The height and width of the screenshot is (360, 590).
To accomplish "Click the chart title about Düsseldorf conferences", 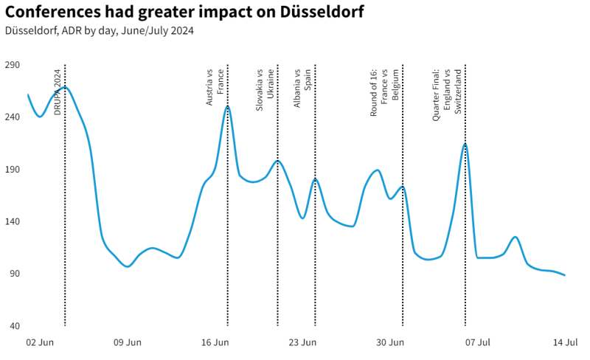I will (x=184, y=13).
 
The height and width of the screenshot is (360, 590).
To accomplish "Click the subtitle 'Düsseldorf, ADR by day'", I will (x=100, y=31).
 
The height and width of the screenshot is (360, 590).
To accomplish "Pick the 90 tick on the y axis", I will (x=14, y=274).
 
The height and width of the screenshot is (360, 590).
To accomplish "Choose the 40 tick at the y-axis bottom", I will (x=14, y=326).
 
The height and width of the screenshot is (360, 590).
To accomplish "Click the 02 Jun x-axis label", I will (x=40, y=342).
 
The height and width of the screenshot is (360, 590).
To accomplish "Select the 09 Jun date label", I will (x=128, y=342).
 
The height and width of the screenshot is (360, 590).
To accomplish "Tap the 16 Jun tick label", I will (x=215, y=342).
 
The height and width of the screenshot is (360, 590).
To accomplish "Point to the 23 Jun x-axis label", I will (x=302, y=342).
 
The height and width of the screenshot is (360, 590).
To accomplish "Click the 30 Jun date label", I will (x=390, y=342).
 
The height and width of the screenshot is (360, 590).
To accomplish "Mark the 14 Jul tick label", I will (x=566, y=342).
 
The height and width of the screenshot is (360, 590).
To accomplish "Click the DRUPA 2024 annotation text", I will (x=58, y=91).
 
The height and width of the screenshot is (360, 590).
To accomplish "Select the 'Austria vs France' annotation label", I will (x=215, y=88).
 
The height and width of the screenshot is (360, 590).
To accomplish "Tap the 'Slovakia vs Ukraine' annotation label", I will (x=265, y=89).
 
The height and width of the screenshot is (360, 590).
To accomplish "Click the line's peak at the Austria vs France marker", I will (x=227, y=106).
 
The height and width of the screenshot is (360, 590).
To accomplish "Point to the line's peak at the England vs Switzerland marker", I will (x=465, y=145).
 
